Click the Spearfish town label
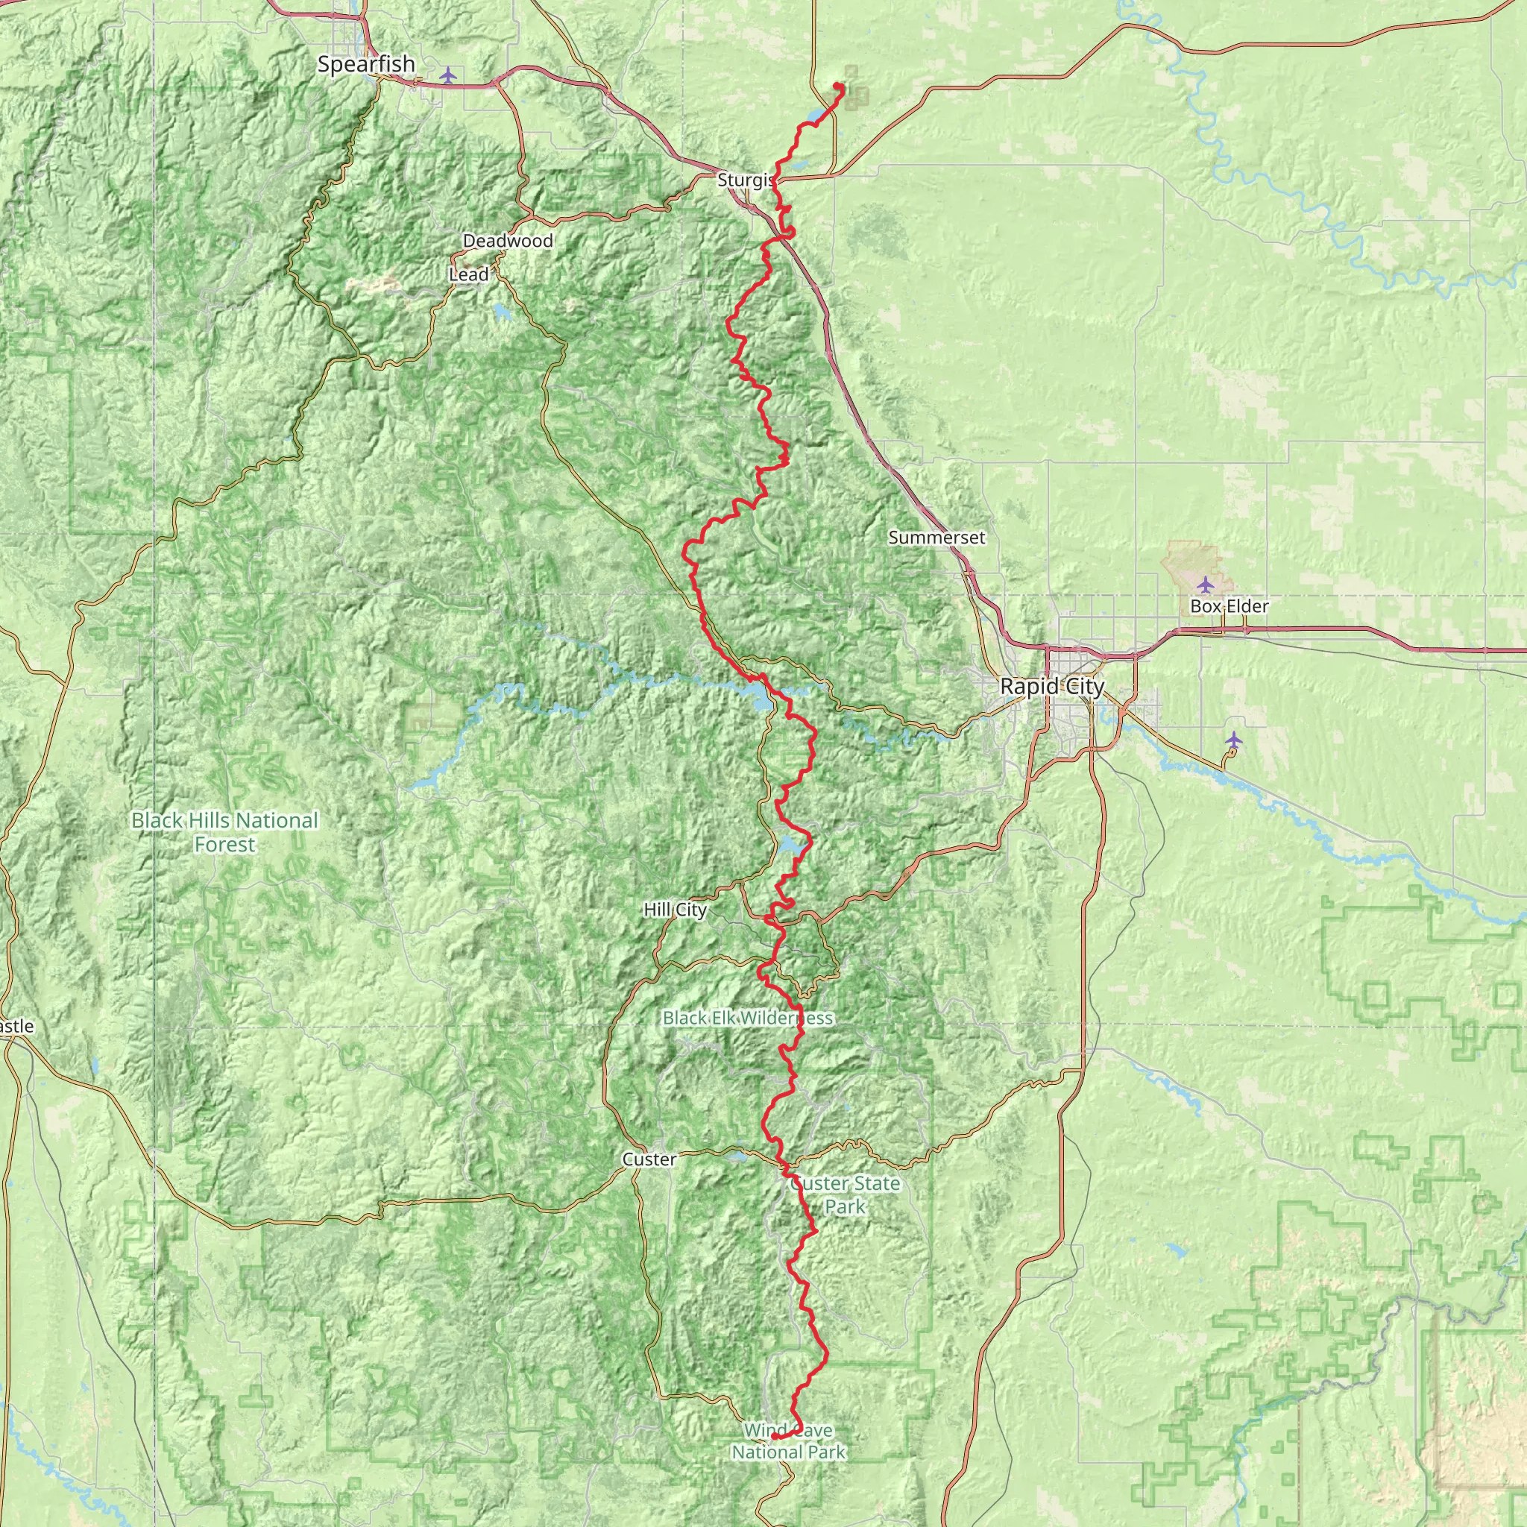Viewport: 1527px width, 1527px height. pyautogui.click(x=366, y=64)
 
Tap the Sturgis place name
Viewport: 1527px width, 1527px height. pyautogui.click(x=745, y=180)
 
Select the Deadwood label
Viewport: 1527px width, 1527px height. pyautogui.click(x=508, y=240)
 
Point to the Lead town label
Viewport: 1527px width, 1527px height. pyautogui.click(x=469, y=274)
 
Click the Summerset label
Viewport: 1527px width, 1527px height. pyautogui.click(x=936, y=538)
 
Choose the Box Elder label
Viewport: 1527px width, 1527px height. pyautogui.click(x=1229, y=606)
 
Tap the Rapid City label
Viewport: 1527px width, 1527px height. pyautogui.click(x=1051, y=686)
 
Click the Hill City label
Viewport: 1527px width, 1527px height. pyautogui.click(x=675, y=910)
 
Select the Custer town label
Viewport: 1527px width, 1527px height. pyautogui.click(x=649, y=1159)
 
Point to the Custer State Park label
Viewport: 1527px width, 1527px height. pyautogui.click(x=845, y=1194)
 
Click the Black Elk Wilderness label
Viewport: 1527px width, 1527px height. pyautogui.click(x=748, y=1017)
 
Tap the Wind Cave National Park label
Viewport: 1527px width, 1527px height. pyautogui.click(x=788, y=1441)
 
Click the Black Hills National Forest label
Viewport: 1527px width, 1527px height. pyautogui.click(x=224, y=832)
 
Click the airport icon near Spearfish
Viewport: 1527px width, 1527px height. pyautogui.click(x=448, y=75)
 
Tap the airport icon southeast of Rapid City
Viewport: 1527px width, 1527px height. pyautogui.click(x=1234, y=740)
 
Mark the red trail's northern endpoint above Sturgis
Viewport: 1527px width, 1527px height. pyautogui.click(x=837, y=84)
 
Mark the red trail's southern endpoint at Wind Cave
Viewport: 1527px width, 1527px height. pyautogui.click(x=775, y=1437)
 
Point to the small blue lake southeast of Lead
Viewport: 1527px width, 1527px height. pyautogui.click(x=501, y=313)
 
